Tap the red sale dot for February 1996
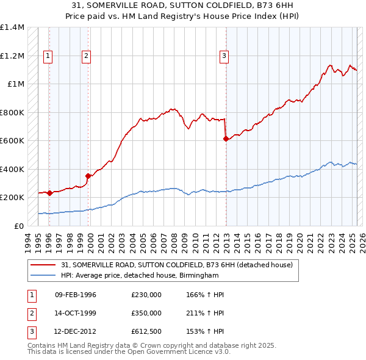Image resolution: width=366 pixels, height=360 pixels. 49,193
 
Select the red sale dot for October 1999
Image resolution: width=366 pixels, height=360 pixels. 88,176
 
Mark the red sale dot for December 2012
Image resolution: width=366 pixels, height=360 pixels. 226,139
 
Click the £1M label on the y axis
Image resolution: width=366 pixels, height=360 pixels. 16,84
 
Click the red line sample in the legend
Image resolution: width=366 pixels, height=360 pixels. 43,265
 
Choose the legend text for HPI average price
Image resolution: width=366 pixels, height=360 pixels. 139,276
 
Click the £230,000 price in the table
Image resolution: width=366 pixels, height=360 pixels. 146,295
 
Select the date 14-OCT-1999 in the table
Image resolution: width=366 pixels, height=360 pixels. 76,313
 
